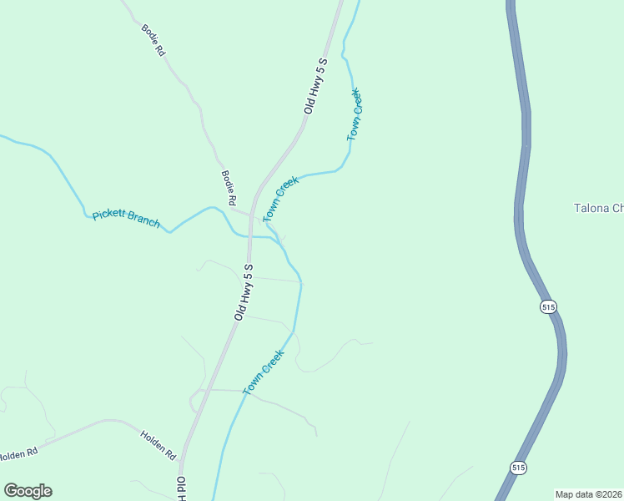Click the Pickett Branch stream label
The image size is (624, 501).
[x=126, y=219]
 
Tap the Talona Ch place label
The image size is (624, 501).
[x=598, y=208]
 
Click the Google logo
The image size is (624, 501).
[x=28, y=491]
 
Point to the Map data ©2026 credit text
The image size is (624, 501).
[x=588, y=493]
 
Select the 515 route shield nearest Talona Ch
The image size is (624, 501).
[x=547, y=306]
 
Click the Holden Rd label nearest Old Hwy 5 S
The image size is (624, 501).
[x=158, y=444]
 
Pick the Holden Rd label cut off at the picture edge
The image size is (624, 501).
[x=18, y=454]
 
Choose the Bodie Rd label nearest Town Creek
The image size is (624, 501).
[x=229, y=188]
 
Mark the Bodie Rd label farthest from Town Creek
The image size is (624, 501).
[x=153, y=39]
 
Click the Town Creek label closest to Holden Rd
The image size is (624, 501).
[x=264, y=372]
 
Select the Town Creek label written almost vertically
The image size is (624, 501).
[x=355, y=114]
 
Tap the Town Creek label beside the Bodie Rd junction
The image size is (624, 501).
[x=281, y=199]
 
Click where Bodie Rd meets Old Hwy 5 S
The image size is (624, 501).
[x=250, y=215]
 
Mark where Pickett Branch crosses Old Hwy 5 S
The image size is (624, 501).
[x=249, y=236]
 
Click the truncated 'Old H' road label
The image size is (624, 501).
[x=180, y=488]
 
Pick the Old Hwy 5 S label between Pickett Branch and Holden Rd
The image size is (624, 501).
[x=244, y=291]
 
